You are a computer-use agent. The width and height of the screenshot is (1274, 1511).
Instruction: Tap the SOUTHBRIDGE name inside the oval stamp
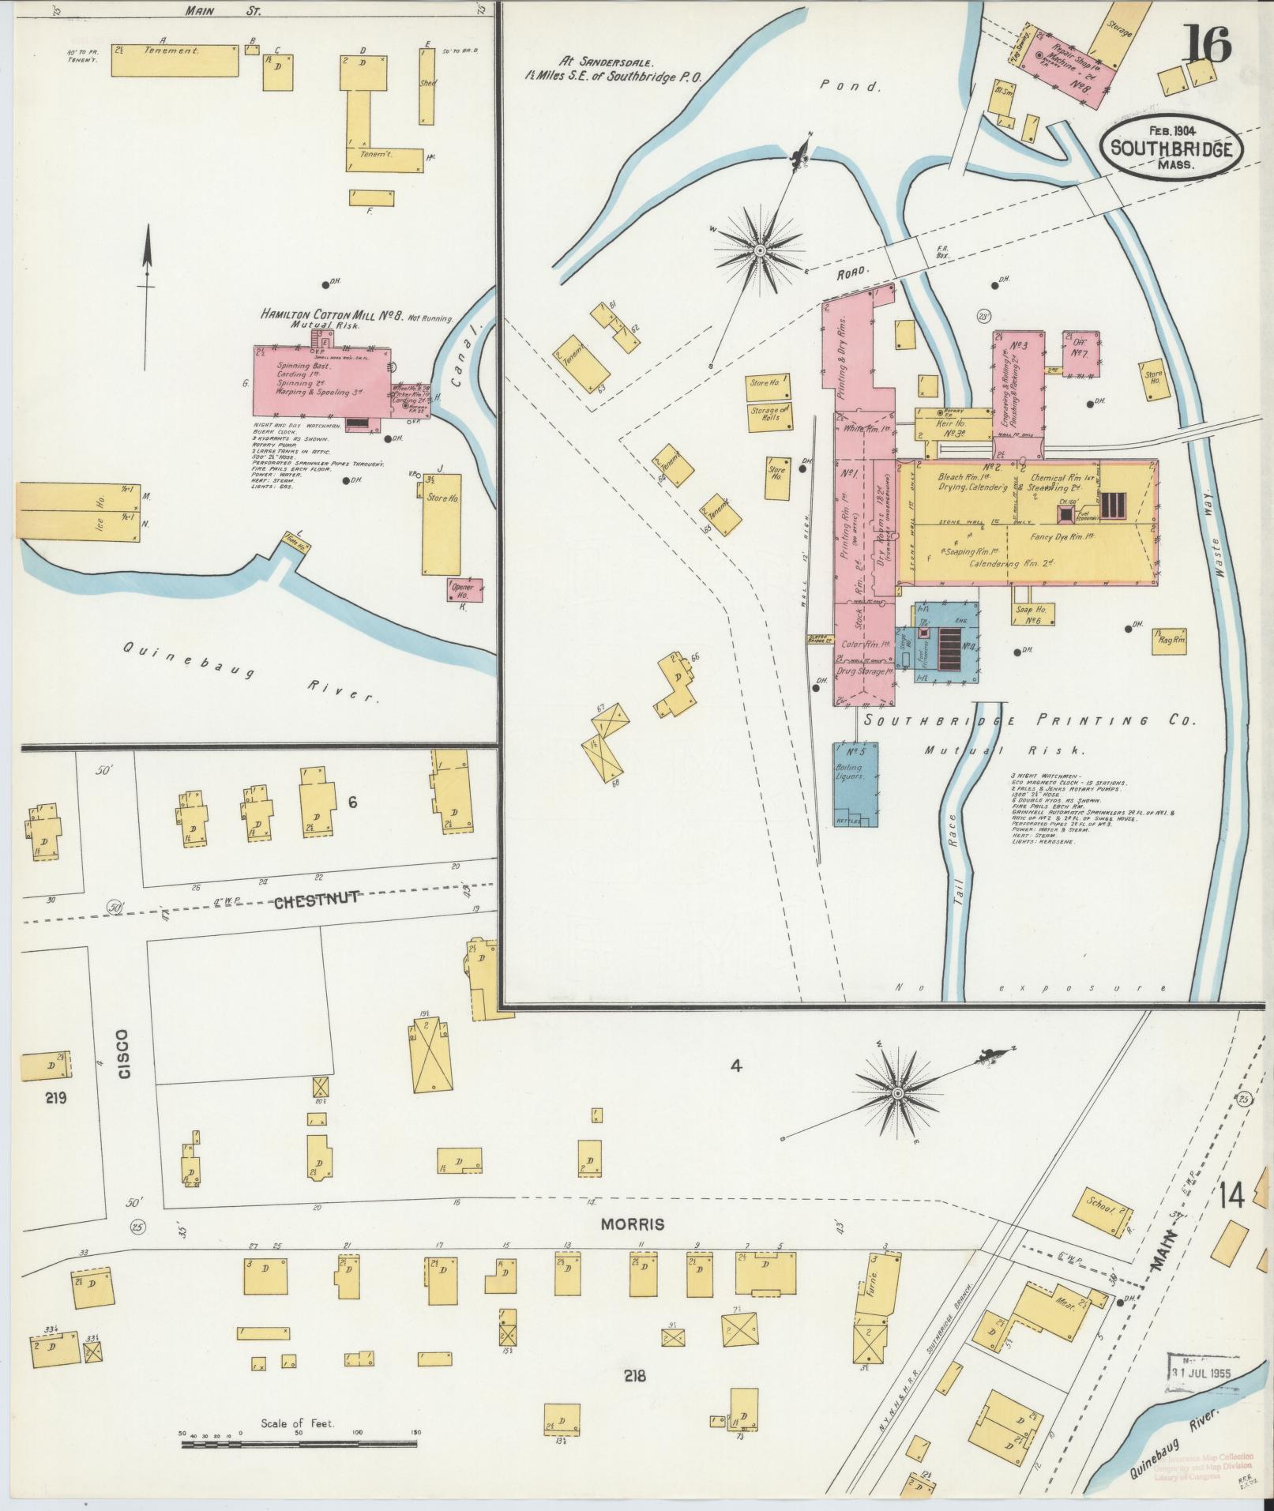(x=1171, y=148)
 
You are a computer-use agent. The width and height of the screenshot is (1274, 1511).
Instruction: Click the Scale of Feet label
(x=298, y=1423)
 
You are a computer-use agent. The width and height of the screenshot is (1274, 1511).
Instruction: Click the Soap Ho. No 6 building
(x=1030, y=614)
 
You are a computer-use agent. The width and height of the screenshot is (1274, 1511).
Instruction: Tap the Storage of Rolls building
(x=770, y=415)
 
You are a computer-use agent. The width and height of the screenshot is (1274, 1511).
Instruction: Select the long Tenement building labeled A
(x=175, y=60)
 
